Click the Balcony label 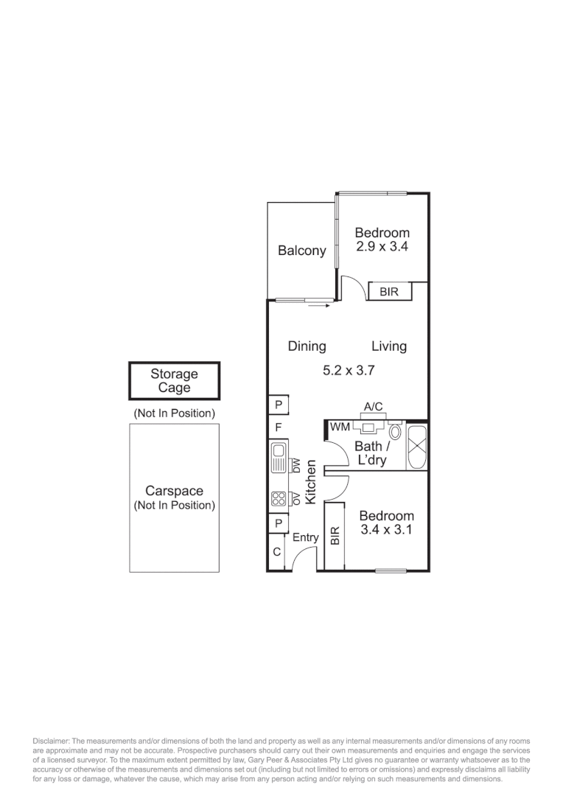(x=301, y=251)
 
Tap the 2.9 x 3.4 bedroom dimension (x=382, y=248)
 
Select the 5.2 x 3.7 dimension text (x=349, y=371)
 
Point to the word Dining (x=307, y=346)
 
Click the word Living (x=388, y=346)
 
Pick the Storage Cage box (x=175, y=381)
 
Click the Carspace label (x=174, y=492)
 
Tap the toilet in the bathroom (x=395, y=431)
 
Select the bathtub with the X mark (x=417, y=446)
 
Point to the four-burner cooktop (x=278, y=499)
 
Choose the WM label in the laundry (x=340, y=427)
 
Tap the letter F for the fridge (x=278, y=427)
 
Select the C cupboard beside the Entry (x=276, y=552)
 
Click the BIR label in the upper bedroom (x=388, y=293)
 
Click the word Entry (x=305, y=538)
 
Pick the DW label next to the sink (x=296, y=466)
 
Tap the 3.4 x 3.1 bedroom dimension (x=386, y=523)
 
